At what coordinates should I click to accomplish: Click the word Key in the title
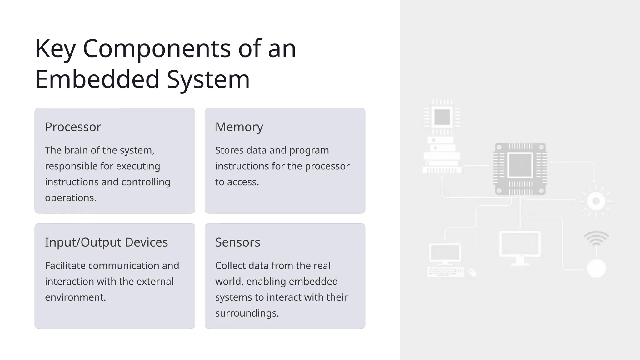tap(55, 49)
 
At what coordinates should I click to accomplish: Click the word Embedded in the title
tap(97, 79)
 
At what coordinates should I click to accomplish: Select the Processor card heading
tap(73, 127)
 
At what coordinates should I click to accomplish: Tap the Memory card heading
tap(239, 127)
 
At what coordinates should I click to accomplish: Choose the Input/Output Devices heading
tap(106, 242)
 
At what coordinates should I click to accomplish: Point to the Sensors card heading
tap(237, 242)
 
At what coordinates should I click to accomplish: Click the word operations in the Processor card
tap(70, 198)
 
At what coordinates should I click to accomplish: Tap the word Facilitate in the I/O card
tap(65, 266)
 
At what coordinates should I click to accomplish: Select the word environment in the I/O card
tap(75, 297)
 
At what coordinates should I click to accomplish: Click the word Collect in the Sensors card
tap(230, 266)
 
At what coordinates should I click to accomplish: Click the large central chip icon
tap(520, 169)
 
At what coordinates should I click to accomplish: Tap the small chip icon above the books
tap(442, 117)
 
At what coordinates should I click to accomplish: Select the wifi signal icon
tap(596, 238)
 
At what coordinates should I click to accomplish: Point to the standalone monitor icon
tap(520, 247)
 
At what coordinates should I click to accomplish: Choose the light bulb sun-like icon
tap(596, 201)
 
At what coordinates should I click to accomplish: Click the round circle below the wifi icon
tap(596, 268)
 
